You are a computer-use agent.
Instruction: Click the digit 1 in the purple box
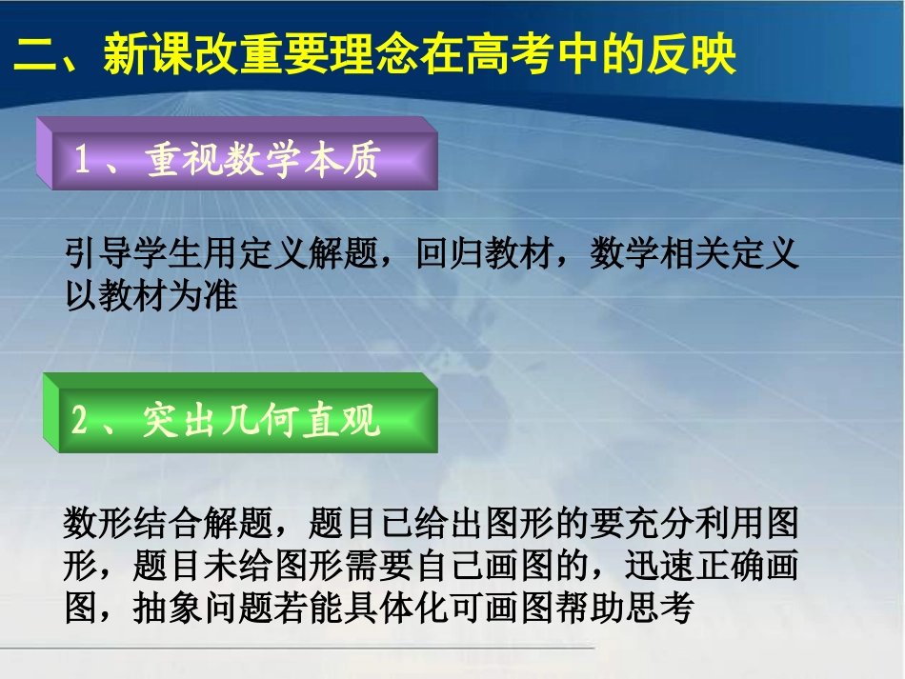[x=83, y=160]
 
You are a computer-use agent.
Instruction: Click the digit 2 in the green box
[x=81, y=420]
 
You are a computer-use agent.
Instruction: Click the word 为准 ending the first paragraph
[x=202, y=296]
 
